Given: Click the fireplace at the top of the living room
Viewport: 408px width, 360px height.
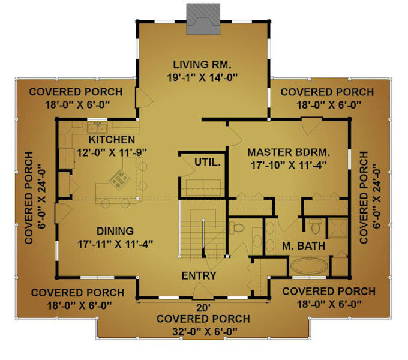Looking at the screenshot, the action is coord(203,19).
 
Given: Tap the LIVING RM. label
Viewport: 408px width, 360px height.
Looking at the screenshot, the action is coord(202,65).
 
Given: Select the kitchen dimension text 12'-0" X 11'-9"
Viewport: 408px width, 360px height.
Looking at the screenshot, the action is coord(112,152).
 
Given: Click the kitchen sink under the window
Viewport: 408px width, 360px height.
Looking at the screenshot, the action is coord(98,128).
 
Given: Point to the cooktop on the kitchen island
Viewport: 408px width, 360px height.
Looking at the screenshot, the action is coord(120,179).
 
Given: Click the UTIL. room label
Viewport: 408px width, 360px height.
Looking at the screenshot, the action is coord(208,163).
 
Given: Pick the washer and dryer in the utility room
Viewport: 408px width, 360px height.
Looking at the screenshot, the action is coord(203,187).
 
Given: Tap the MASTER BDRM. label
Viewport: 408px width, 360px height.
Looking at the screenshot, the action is coord(289,152).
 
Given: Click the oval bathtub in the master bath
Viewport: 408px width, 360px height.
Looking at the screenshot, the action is coord(309,266).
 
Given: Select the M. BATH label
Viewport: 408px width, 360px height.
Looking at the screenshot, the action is coord(304,246).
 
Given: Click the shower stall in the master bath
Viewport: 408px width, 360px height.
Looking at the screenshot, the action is coord(337,228).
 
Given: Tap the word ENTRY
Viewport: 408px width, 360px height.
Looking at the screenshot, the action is coord(199,276).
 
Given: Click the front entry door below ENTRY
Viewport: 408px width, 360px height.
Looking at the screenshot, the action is coord(203,291).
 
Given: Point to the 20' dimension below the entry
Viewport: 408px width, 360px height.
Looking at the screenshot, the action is coord(203,308).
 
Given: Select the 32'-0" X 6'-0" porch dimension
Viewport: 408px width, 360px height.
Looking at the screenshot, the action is coord(205,331).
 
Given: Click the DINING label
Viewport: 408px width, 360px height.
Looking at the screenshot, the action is coord(115,231).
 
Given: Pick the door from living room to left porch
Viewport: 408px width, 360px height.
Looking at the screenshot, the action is coord(143,98).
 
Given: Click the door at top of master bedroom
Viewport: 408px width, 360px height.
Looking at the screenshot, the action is coord(311,126).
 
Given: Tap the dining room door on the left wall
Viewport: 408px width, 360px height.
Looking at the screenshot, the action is coord(63,214).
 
